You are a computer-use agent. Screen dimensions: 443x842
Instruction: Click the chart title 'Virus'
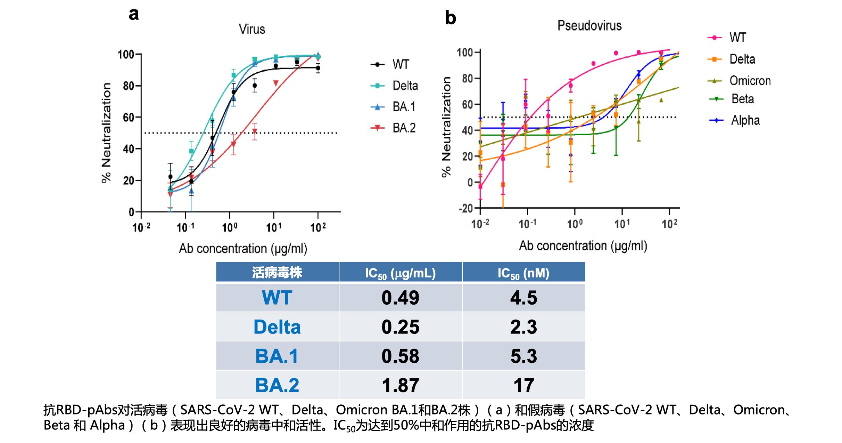(x=252, y=29)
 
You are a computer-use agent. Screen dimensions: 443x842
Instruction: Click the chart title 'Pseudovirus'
(x=589, y=26)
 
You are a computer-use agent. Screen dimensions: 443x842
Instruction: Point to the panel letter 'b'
(x=450, y=18)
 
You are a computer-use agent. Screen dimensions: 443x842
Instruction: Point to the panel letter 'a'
(x=134, y=15)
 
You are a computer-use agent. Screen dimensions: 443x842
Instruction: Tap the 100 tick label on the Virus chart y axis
(x=126, y=55)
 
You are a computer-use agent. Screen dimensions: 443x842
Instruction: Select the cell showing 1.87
(x=400, y=385)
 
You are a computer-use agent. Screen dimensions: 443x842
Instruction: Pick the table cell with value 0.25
(x=400, y=327)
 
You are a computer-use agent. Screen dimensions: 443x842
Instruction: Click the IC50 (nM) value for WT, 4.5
(x=523, y=298)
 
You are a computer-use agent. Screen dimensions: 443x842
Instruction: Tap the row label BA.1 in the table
(x=277, y=356)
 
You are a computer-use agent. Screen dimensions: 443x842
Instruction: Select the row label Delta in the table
(x=277, y=327)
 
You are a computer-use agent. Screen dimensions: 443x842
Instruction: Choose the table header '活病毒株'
(x=277, y=273)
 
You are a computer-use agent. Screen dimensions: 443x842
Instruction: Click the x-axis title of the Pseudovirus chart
(x=583, y=246)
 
